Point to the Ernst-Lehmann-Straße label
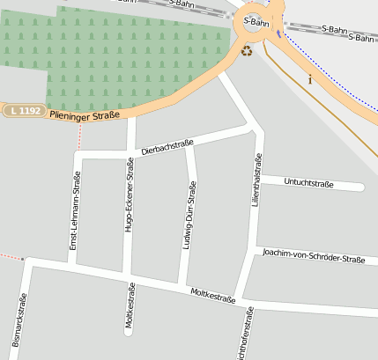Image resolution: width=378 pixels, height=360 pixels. click(x=77, y=213)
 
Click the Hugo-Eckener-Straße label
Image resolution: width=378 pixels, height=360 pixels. click(x=130, y=201)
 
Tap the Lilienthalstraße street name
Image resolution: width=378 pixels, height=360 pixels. click(x=257, y=180)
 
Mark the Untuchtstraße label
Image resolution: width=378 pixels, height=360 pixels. click(x=308, y=183)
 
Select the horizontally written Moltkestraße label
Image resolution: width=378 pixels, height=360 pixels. click(x=211, y=295)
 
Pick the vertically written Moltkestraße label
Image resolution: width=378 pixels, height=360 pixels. click(x=130, y=306)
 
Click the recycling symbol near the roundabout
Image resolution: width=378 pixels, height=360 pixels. click(x=248, y=51)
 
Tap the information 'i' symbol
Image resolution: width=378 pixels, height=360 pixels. click(x=310, y=79)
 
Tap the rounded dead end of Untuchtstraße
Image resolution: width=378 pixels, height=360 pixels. click(x=360, y=187)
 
